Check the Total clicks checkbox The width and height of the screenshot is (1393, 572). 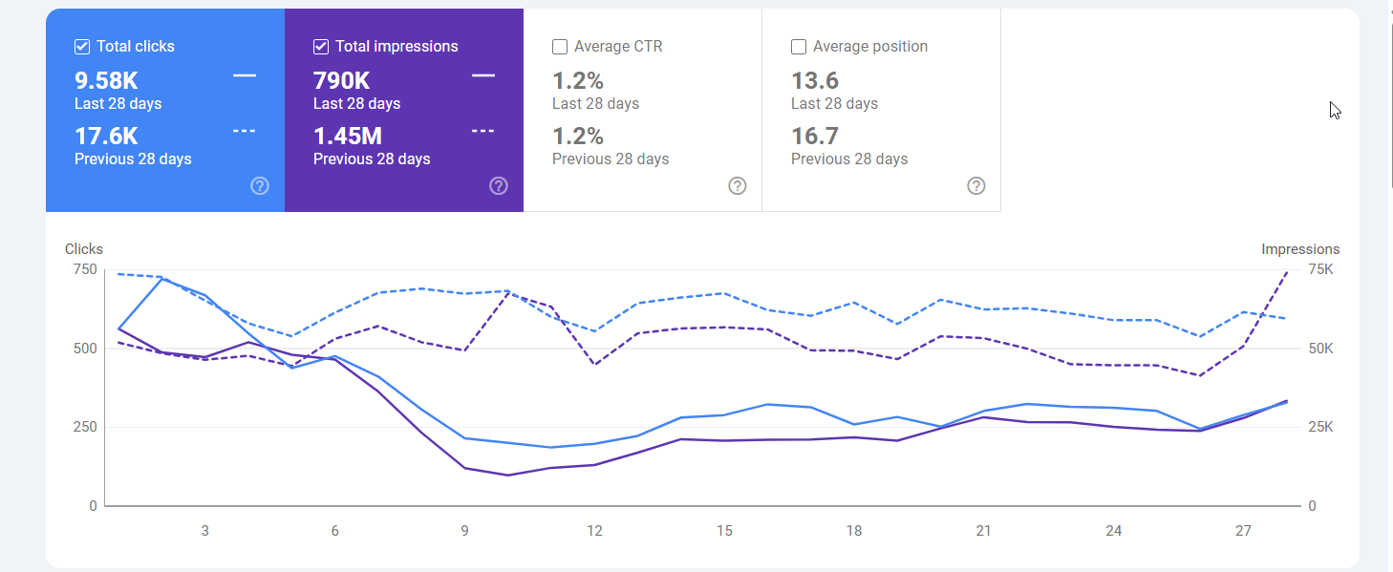(82, 47)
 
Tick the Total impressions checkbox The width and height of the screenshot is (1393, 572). (321, 47)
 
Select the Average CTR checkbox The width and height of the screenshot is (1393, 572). (560, 47)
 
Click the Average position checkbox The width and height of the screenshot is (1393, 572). (799, 47)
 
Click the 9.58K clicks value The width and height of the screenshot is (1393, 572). (106, 80)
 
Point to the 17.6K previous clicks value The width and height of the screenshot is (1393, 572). (106, 136)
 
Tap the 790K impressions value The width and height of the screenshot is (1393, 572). (341, 80)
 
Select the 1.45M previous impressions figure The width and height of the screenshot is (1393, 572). (348, 136)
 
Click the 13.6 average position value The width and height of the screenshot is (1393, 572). (815, 80)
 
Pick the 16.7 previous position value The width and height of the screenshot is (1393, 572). (815, 136)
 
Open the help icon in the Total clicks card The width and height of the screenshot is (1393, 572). (260, 186)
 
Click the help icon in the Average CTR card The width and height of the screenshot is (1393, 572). (738, 186)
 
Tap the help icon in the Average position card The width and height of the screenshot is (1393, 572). (976, 186)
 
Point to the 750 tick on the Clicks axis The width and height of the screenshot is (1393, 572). (85, 269)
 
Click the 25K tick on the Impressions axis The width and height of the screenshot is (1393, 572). (1320, 427)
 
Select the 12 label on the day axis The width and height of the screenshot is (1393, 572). (594, 531)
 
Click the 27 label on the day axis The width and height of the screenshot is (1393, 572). (1243, 531)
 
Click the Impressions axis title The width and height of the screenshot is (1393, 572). (1300, 249)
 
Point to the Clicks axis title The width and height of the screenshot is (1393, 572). (84, 249)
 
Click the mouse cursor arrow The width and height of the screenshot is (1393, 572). (1335, 111)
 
